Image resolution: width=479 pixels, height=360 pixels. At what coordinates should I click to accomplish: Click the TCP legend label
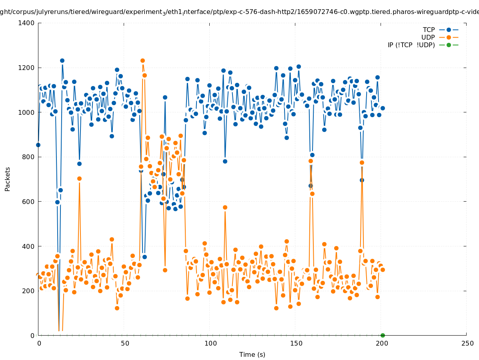click(429, 30)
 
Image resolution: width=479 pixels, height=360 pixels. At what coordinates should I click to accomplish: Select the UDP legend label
click(428, 37)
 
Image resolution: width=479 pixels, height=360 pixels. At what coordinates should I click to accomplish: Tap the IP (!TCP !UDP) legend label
click(411, 45)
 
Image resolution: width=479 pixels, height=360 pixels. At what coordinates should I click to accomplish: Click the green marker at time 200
click(383, 335)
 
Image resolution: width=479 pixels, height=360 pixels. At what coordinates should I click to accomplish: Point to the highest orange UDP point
click(142, 61)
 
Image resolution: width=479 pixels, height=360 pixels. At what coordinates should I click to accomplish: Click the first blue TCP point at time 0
click(38, 145)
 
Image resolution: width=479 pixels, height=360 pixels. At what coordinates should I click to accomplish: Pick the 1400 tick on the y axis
click(26, 23)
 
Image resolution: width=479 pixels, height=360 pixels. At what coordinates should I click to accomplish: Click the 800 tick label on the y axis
click(28, 157)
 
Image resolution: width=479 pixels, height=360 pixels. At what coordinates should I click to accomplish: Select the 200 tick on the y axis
click(28, 291)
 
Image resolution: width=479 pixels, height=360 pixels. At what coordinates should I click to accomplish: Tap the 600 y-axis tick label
click(28, 202)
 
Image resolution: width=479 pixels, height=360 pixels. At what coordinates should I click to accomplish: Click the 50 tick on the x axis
click(125, 343)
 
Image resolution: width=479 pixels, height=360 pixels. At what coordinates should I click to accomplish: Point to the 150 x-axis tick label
click(296, 343)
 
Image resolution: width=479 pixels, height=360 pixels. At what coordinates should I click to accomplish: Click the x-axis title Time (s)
click(252, 354)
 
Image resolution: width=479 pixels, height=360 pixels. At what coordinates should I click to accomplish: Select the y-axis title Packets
click(8, 179)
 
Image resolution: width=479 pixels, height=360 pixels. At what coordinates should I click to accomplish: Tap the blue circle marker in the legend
click(449, 30)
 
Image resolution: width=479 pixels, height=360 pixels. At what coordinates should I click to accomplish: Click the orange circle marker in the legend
click(449, 37)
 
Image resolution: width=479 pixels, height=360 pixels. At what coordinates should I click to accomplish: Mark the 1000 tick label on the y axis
click(26, 112)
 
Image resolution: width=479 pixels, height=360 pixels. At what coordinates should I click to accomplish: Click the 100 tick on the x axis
click(210, 343)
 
